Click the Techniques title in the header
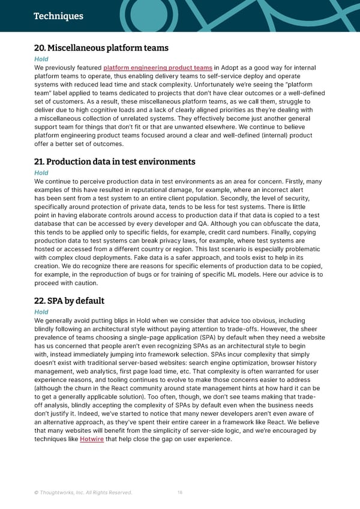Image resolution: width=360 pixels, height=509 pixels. pos(58,16)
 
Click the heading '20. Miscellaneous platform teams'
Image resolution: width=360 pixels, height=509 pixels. pos(101,48)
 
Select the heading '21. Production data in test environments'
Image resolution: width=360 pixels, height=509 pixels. pos(115,161)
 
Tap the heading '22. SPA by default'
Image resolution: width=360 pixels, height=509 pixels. pos(70,301)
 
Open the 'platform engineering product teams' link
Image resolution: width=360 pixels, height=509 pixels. pos(158,68)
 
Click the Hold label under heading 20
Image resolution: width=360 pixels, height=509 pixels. pos(41,59)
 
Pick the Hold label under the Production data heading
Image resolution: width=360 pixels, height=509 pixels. pos(41,173)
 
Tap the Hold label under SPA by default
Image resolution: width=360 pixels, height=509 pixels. pos(41,312)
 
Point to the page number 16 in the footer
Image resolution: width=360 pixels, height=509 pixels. pos(180,493)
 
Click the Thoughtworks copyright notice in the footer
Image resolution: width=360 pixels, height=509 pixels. pos(83,493)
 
